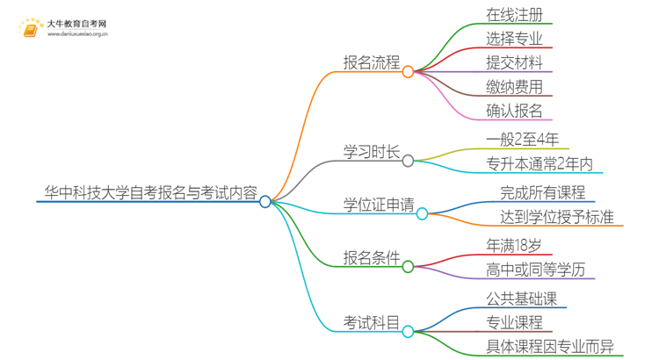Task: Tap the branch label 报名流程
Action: [x=371, y=63]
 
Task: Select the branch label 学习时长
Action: [x=371, y=151]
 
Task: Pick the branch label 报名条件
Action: [x=371, y=258]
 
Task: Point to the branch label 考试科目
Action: [x=371, y=324]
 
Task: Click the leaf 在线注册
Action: [x=514, y=15]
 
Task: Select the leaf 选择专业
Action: [x=514, y=39]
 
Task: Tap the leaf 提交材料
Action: [x=514, y=62]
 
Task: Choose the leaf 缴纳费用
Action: [x=514, y=87]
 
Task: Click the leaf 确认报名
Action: [x=514, y=111]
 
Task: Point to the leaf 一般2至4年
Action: [x=522, y=140]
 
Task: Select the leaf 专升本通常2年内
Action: [x=540, y=163]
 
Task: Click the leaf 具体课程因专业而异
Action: [x=550, y=346]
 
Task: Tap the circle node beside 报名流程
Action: [x=408, y=72]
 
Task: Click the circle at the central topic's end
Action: [x=265, y=201]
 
